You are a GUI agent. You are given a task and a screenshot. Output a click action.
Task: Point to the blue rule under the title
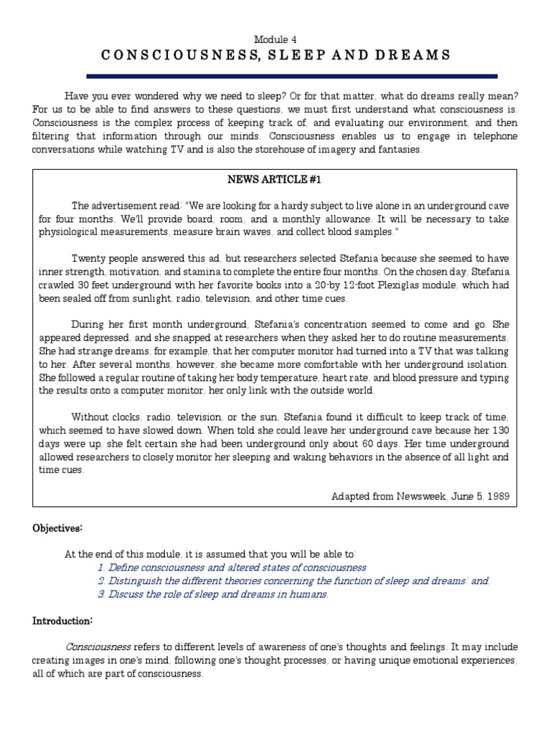[275, 75]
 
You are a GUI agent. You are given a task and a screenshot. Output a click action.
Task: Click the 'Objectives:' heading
[57, 528]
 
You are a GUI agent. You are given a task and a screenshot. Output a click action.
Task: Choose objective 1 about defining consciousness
[232, 567]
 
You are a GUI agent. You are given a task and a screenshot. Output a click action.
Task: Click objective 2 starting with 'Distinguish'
[293, 581]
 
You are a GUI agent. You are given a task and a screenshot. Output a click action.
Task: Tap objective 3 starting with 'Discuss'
[213, 594]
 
